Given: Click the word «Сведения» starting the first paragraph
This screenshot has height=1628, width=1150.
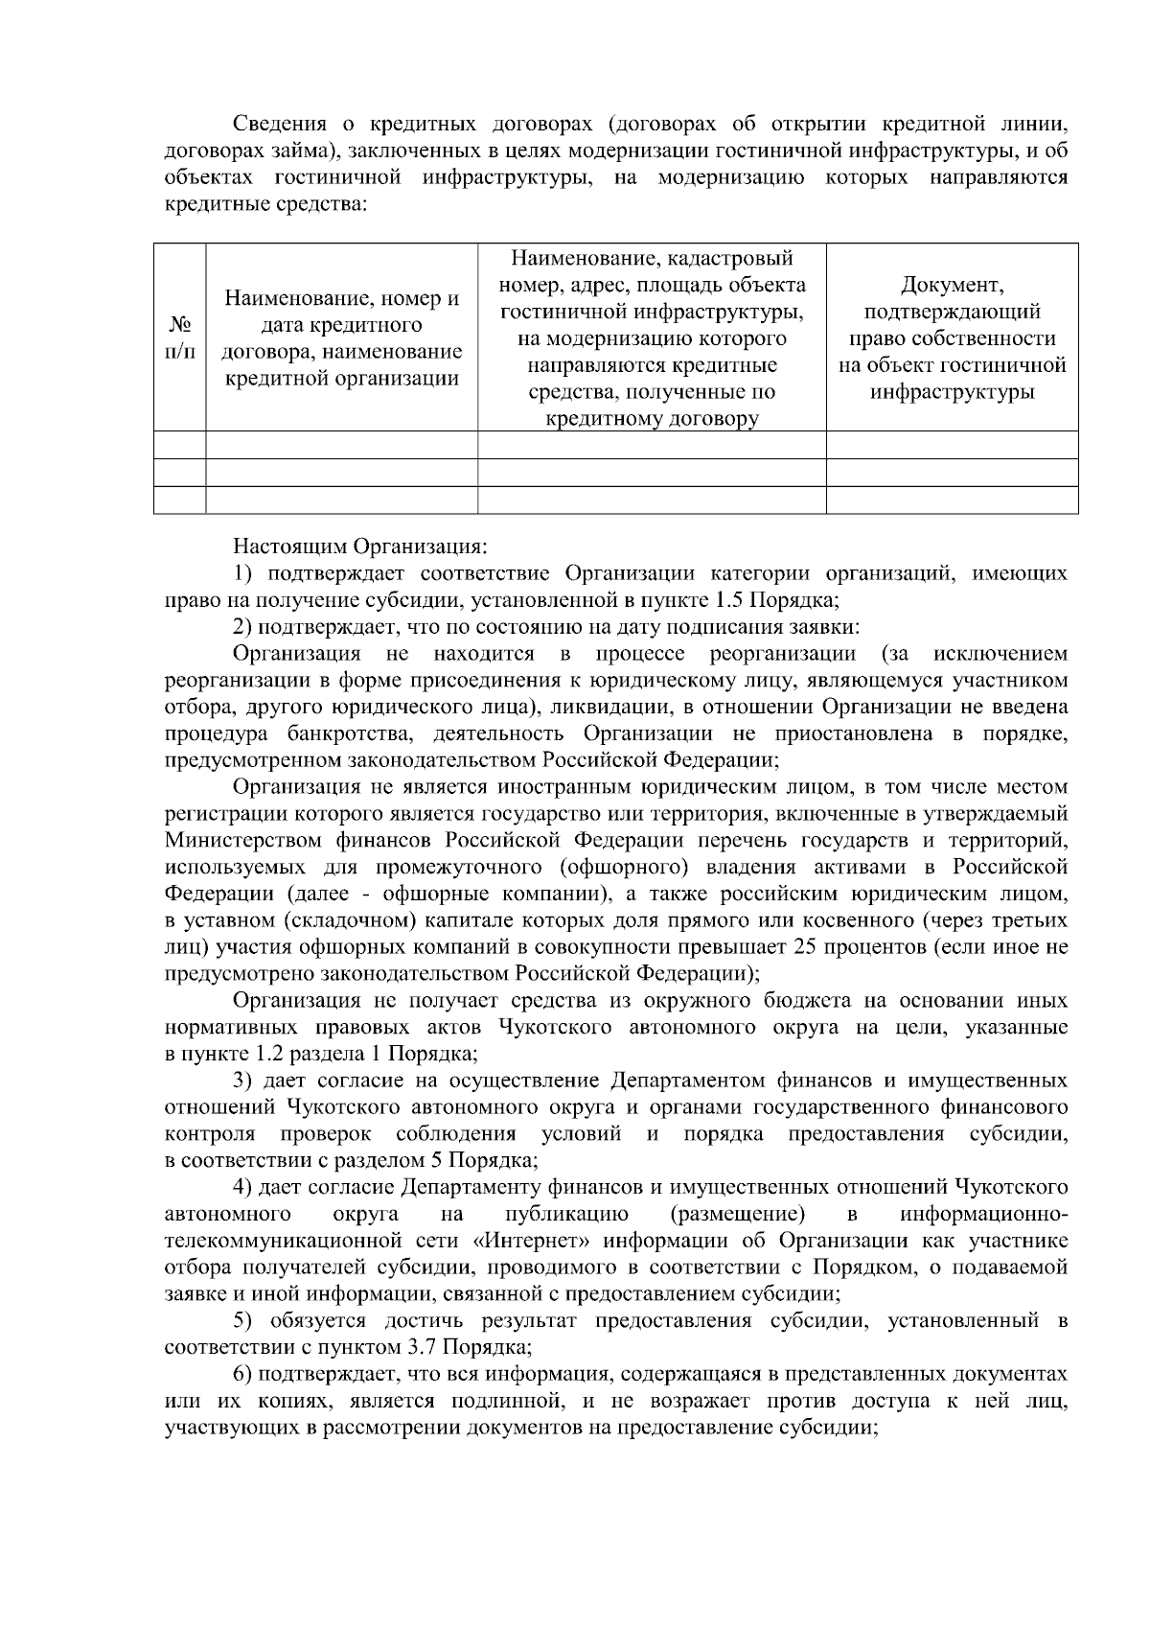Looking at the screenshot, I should pos(278,125).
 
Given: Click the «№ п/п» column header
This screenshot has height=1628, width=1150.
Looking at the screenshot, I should pos(179,337).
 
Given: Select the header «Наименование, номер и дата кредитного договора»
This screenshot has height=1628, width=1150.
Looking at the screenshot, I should pos(341,337).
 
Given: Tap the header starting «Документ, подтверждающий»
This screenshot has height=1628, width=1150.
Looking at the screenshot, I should pos(952,337).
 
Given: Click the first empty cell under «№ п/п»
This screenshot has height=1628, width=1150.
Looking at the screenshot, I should pos(179,445).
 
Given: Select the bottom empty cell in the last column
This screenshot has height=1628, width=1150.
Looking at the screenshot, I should pos(952,500).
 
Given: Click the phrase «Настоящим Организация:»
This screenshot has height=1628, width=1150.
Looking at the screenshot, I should pos(360,547).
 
